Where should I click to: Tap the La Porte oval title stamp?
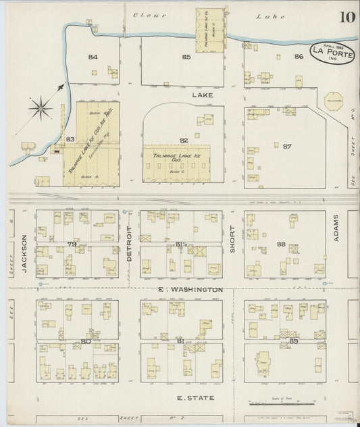332,53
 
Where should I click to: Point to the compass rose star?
41,106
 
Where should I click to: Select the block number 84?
93,57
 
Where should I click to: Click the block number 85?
186,57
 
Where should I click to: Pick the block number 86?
298,57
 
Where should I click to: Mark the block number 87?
287,146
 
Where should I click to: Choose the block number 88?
282,243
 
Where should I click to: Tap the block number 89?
294,342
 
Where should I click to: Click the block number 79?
72,244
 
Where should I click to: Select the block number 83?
70,139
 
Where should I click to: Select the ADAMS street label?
336,226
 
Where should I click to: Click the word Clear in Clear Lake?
145,15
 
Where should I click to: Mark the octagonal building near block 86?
332,102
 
